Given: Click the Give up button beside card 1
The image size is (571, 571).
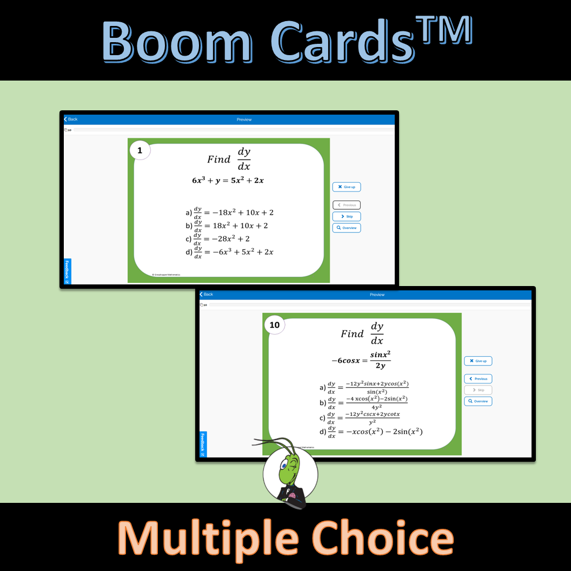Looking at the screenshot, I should pyautogui.click(x=346, y=187).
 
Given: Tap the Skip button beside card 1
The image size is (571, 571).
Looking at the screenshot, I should pyautogui.click(x=346, y=216).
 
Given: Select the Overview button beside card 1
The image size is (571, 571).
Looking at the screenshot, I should pyautogui.click(x=346, y=228).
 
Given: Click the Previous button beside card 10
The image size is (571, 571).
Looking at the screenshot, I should pyautogui.click(x=478, y=379).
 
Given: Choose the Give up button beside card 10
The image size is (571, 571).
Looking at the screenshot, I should pyautogui.click(x=478, y=361).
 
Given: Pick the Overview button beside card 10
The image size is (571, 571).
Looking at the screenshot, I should pyautogui.click(x=478, y=401).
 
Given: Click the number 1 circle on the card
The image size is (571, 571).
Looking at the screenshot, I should pyautogui.click(x=140, y=151).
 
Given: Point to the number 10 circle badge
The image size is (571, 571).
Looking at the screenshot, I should pyautogui.click(x=275, y=325).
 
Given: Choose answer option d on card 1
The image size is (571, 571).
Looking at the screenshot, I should pyautogui.click(x=233, y=252).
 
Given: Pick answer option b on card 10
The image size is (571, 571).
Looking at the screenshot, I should pyautogui.click(x=363, y=403).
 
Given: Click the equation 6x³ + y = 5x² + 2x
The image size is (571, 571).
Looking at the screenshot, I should pyautogui.click(x=228, y=181).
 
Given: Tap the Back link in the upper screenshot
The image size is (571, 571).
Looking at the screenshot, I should pyautogui.click(x=71, y=119).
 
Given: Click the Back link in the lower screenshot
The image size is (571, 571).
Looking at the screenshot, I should pyautogui.click(x=206, y=294).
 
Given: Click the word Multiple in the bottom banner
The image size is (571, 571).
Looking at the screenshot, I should pyautogui.click(x=208, y=538).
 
